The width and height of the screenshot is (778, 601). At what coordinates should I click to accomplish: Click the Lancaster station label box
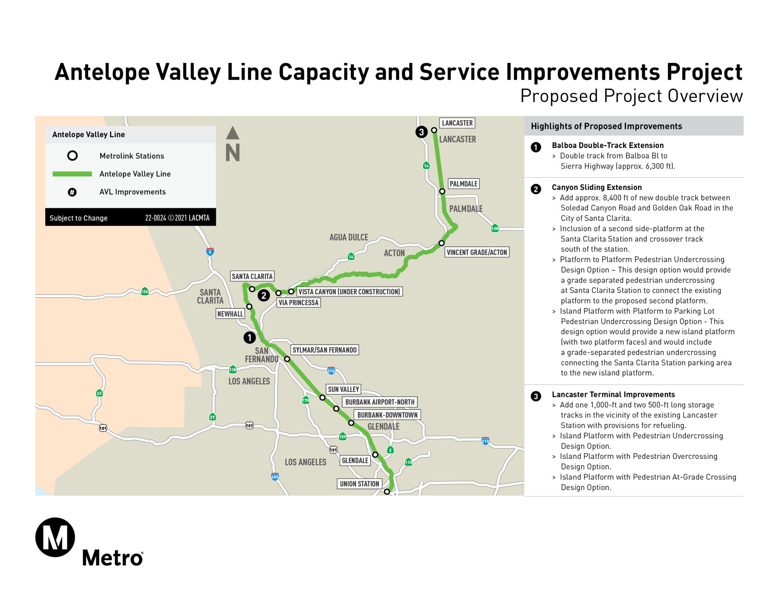(x=457, y=123)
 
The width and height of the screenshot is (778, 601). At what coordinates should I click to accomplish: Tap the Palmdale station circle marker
(x=442, y=191)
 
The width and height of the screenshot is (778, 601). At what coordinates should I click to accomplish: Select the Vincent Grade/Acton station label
(x=477, y=252)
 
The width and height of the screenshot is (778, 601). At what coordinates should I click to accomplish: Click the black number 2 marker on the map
(x=264, y=295)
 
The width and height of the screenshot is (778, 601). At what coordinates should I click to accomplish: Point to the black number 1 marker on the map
(x=250, y=338)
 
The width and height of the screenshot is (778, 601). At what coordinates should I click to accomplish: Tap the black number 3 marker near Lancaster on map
(x=421, y=132)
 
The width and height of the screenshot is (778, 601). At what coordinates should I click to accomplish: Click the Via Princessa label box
(x=299, y=303)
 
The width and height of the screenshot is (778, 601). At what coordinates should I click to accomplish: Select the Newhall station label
(x=230, y=314)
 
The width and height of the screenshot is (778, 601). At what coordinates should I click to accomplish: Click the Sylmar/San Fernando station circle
(x=287, y=359)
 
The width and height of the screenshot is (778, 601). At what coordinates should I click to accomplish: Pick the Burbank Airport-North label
(x=380, y=402)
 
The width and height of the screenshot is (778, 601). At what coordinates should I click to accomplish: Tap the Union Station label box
(x=359, y=484)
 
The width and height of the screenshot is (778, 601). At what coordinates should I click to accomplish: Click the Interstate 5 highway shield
(x=210, y=251)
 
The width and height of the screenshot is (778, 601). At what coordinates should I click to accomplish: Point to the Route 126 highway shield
(x=145, y=292)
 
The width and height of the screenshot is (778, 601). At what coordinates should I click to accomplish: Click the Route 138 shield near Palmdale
(x=495, y=228)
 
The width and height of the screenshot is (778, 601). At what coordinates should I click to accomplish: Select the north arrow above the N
(x=232, y=133)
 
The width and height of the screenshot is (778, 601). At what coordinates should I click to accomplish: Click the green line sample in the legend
(x=72, y=174)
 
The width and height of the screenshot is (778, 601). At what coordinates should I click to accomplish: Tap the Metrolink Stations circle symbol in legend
(x=72, y=156)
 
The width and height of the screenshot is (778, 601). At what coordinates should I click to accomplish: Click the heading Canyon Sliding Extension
(x=597, y=187)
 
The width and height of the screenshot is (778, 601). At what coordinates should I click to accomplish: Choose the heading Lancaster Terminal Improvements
(x=613, y=394)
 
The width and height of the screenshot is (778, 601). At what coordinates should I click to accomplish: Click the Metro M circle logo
(x=55, y=537)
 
